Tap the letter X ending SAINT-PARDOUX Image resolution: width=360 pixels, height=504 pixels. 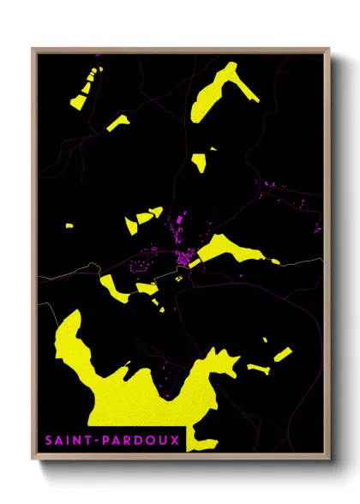(x=174, y=441)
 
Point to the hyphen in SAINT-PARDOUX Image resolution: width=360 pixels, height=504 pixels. (x=96, y=441)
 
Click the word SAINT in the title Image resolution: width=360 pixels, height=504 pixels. (x=70, y=441)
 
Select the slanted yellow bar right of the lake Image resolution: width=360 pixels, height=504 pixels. (x=258, y=369)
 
